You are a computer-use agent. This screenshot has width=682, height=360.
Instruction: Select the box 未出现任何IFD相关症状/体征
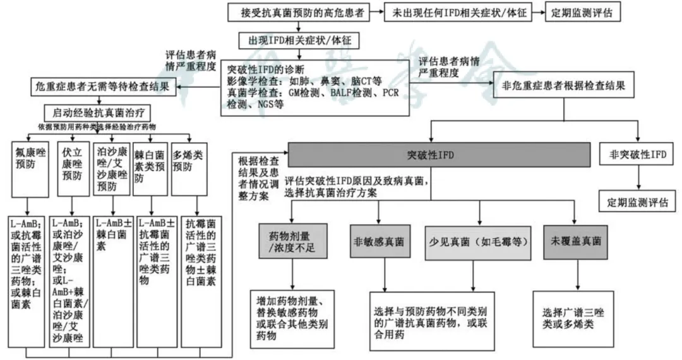click(459, 12)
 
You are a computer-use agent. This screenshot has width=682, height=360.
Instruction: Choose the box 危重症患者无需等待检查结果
click(100, 86)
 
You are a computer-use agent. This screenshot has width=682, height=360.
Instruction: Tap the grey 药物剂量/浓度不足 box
click(294, 241)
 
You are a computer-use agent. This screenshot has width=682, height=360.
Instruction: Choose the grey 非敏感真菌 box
click(379, 241)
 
